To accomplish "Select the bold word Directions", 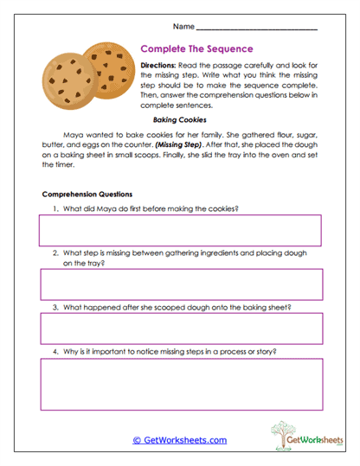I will [x=161, y=66].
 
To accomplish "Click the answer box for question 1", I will [x=179, y=231].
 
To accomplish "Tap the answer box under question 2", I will [x=179, y=284].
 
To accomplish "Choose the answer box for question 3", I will [x=179, y=329].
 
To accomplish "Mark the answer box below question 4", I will [x=179, y=385].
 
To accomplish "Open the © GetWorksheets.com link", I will [x=179, y=439].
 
